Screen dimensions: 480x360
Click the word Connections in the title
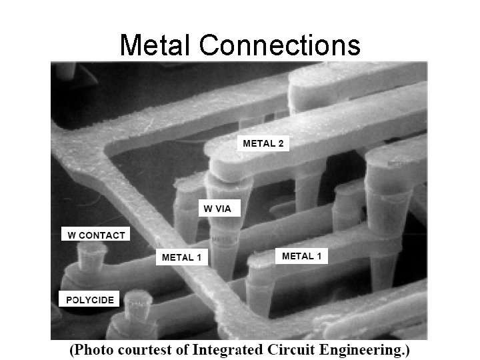[x=280, y=45]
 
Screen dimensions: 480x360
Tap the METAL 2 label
[x=263, y=143]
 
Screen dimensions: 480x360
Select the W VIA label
[x=217, y=209]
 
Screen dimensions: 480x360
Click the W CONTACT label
[x=96, y=235]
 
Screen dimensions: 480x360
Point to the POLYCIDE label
[x=90, y=300]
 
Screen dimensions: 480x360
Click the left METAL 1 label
[x=181, y=257]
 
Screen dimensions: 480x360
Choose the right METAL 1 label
[x=301, y=256]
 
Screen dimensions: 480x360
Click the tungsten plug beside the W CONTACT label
[x=92, y=257]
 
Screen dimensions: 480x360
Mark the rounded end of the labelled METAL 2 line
[x=220, y=167]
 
